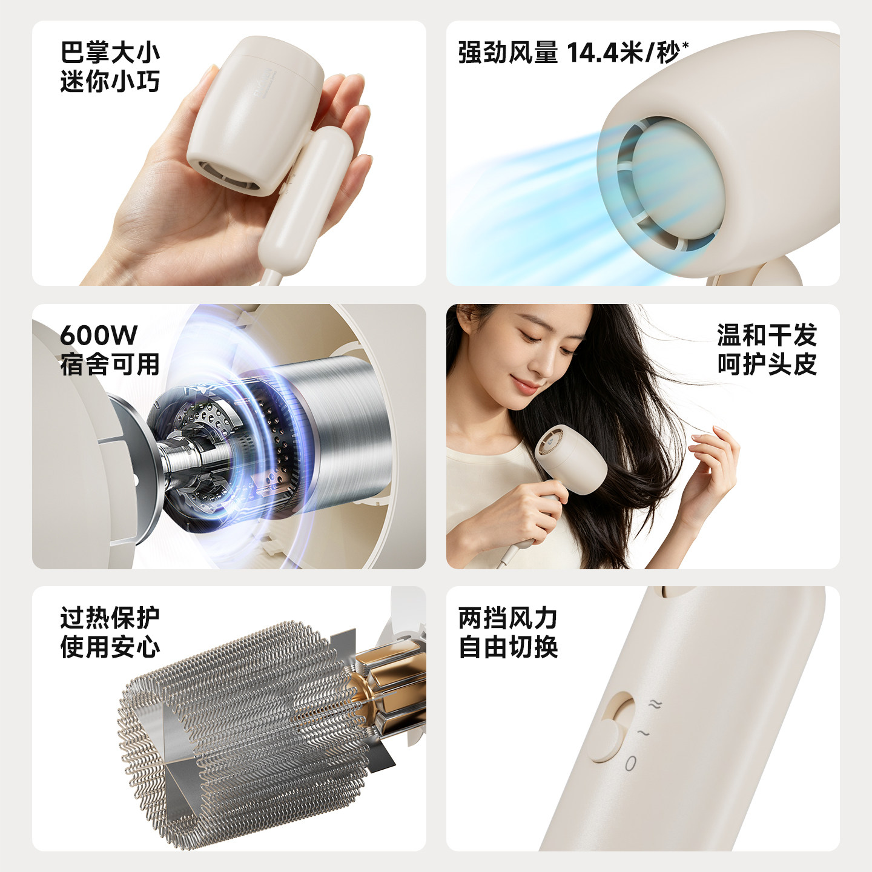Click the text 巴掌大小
point(110,52)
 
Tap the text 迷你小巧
point(110,82)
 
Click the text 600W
point(98,335)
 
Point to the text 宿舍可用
point(110,365)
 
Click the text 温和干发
point(767,335)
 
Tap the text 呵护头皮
point(767,364)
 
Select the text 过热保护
point(110,618)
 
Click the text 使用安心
point(110,647)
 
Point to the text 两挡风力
point(507,618)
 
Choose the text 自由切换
point(507,647)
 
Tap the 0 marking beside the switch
point(631,764)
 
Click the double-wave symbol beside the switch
point(655,704)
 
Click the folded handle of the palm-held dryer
point(305,200)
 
